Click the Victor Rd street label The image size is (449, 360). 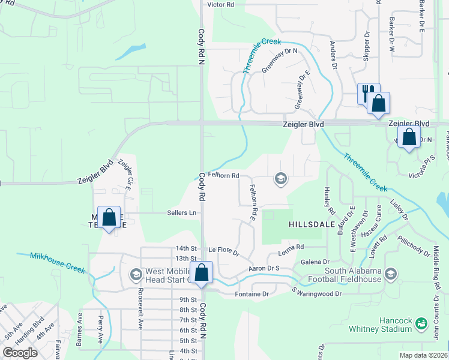click(220, 4)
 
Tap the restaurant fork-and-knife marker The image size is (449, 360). click(369, 92)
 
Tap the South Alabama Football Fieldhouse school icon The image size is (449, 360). click(391, 274)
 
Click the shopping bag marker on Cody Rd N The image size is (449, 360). click(202, 272)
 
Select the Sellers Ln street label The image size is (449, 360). click(181, 212)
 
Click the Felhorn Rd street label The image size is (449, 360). click(223, 176)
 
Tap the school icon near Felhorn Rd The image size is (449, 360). click(280, 178)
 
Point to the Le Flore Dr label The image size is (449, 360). click(224, 248)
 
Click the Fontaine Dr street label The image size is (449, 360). click(252, 294)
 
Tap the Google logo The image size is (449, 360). click(20, 352)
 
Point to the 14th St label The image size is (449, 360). click(186, 248)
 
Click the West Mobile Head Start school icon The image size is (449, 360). click(136, 274)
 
